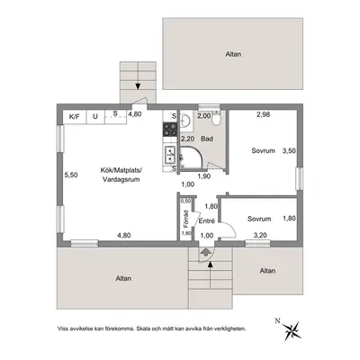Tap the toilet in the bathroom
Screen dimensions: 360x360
coord(215,119)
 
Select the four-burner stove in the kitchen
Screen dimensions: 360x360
coord(170,130)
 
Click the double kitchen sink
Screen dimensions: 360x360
coord(170,154)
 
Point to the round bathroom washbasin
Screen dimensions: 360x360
coord(184,121)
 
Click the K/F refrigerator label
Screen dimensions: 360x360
coord(75,116)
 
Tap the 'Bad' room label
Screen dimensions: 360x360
coord(207,139)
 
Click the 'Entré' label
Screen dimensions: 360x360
coord(207,221)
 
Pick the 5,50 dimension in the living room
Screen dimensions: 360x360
coord(71,175)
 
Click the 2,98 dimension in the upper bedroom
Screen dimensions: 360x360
coord(263,114)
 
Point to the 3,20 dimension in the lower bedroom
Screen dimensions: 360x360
coord(260,235)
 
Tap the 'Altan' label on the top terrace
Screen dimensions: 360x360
coord(233,54)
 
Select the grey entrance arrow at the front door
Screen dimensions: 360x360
coord(205,251)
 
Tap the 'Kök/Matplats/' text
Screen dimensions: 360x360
coord(121,170)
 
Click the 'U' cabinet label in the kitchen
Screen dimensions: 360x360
coord(95,116)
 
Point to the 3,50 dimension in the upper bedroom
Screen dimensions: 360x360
coord(289,151)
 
